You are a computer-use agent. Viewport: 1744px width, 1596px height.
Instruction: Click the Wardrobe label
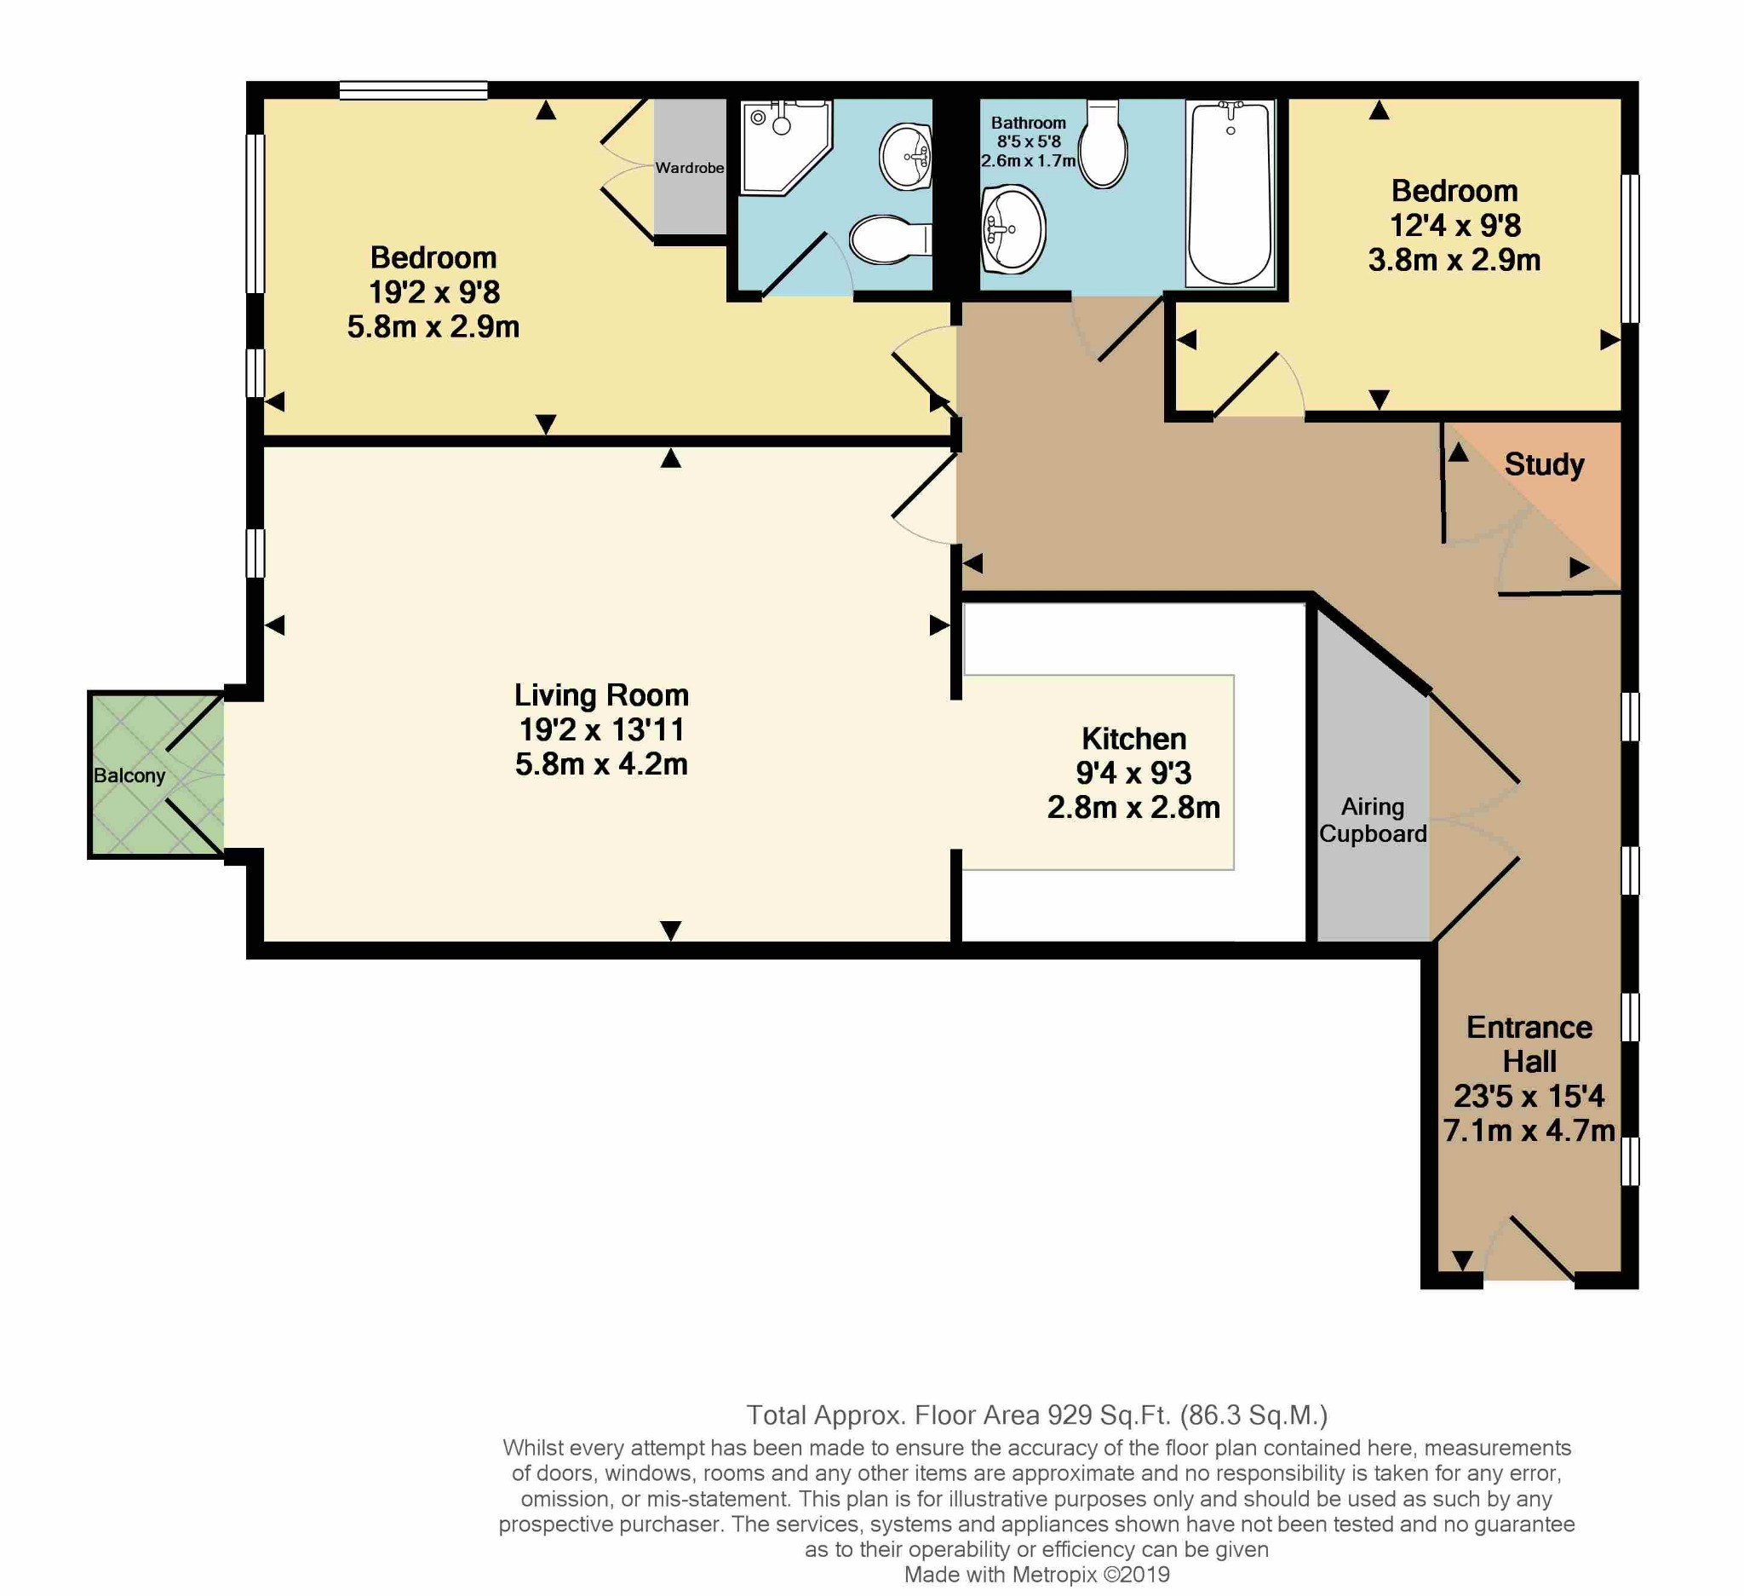click(x=690, y=168)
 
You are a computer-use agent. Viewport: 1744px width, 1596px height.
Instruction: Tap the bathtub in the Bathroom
click(x=1230, y=194)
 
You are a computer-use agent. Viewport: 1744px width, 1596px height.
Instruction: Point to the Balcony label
click(x=129, y=775)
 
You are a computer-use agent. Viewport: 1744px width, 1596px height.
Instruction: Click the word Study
click(x=1544, y=464)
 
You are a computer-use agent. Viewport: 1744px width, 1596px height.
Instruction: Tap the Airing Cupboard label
click(x=1373, y=821)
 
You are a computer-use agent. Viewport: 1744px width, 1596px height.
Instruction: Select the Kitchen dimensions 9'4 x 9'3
click(x=1133, y=773)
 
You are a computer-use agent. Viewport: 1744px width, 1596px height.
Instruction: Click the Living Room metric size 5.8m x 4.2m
click(x=601, y=764)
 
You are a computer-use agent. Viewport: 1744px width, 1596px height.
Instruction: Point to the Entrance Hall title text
click(x=1529, y=1045)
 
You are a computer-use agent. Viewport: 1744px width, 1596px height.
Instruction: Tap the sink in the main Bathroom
click(x=1013, y=229)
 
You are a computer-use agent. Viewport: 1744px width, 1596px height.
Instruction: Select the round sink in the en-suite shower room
click(x=906, y=157)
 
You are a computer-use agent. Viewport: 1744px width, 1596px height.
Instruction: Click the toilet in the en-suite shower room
click(x=886, y=239)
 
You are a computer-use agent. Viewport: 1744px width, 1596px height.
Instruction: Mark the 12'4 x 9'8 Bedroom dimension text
click(x=1455, y=226)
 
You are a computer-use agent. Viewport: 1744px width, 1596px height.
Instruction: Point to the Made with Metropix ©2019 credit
click(x=1036, y=1575)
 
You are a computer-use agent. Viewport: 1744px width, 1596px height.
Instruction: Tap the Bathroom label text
click(x=1029, y=123)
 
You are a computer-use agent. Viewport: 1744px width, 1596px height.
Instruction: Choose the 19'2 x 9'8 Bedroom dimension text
click(x=433, y=292)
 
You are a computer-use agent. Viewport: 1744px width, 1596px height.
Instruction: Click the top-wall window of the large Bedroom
click(x=414, y=90)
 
